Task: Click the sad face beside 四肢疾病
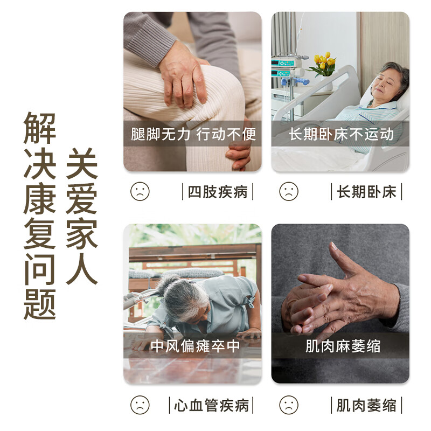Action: click(140, 191)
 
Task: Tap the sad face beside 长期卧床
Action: click(289, 191)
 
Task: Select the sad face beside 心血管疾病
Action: click(140, 405)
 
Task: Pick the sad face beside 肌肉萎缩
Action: click(289, 405)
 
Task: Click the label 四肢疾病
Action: click(217, 192)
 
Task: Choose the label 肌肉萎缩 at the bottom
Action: click(366, 405)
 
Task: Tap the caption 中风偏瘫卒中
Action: click(193, 346)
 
